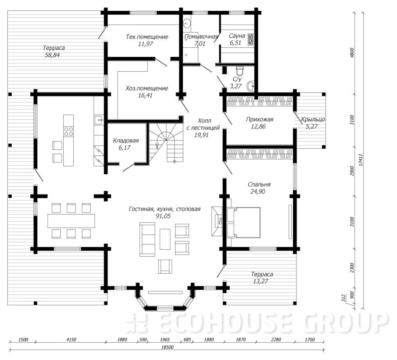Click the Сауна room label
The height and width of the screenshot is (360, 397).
pyautogui.click(x=237, y=36)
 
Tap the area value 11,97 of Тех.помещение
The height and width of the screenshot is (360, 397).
pyautogui.click(x=146, y=44)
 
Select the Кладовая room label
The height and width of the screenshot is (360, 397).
pyautogui.click(x=126, y=141)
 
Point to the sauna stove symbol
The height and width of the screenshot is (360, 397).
pyautogui.click(x=251, y=39)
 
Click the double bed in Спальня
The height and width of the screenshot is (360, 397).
pyautogui.click(x=244, y=223)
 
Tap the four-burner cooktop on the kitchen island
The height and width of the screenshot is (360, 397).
pyautogui.click(x=68, y=131)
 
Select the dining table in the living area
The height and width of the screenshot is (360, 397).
pyautogui.click(x=71, y=221)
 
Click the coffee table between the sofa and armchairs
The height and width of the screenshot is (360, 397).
pyautogui.click(x=165, y=239)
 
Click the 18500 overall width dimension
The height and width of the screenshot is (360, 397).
pyautogui.click(x=167, y=347)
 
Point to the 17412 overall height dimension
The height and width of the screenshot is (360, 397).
pyautogui.click(x=361, y=160)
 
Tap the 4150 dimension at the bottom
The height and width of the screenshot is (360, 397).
pyautogui.click(x=71, y=340)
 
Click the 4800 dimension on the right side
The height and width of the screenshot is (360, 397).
pyautogui.click(x=352, y=53)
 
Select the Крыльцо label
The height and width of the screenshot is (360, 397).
pyautogui.click(x=313, y=119)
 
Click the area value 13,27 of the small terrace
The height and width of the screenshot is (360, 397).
pyautogui.click(x=260, y=281)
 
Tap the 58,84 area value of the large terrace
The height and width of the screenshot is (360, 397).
pyautogui.click(x=52, y=55)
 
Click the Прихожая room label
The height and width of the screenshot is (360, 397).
pyautogui.click(x=260, y=119)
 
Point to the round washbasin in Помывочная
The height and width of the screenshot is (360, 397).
pyautogui.click(x=187, y=24)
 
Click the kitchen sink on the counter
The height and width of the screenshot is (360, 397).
pyautogui.click(x=99, y=119)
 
